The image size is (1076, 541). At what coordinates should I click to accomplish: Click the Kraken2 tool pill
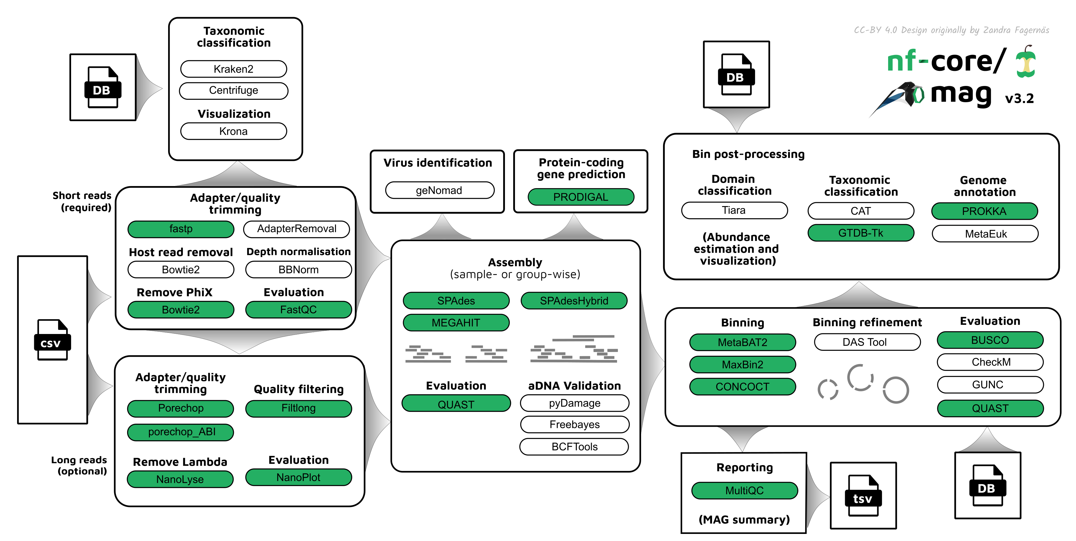click(x=234, y=69)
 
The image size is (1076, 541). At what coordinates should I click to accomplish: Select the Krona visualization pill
click(x=234, y=131)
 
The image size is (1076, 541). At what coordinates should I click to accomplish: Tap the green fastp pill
click(x=181, y=229)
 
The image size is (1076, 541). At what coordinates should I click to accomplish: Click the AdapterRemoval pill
click(x=296, y=229)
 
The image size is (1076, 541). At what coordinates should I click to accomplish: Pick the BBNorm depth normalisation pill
click(x=298, y=270)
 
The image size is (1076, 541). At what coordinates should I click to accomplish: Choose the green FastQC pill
click(x=298, y=310)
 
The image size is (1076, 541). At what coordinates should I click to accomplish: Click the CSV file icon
click(x=52, y=340)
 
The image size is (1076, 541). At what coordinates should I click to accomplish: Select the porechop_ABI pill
click(x=181, y=432)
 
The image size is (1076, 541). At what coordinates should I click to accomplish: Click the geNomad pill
click(x=439, y=190)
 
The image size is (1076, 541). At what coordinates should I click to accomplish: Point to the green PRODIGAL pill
click(x=580, y=197)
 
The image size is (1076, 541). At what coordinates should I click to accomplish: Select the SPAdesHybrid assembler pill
click(x=574, y=301)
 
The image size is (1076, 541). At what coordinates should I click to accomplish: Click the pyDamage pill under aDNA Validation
click(x=574, y=403)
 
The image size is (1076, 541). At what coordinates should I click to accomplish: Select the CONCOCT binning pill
click(x=742, y=387)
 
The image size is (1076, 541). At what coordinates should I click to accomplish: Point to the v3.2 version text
click(x=1019, y=99)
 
